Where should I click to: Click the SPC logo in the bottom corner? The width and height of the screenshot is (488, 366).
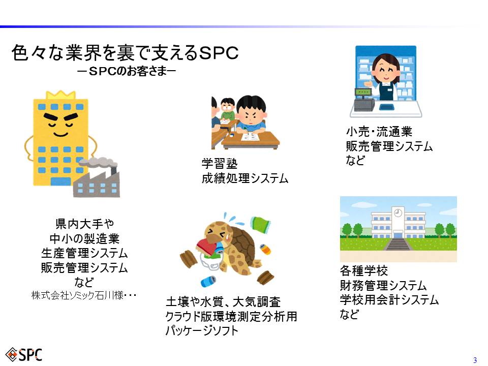[24, 355]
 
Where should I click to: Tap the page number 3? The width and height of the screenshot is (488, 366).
[475, 360]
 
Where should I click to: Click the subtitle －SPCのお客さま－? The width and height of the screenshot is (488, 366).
[127, 71]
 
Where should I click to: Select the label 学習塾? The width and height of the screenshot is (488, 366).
[220, 164]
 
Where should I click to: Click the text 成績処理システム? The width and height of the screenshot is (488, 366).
[245, 178]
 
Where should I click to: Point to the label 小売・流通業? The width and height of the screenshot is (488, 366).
[379, 132]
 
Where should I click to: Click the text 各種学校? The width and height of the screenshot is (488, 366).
[364, 271]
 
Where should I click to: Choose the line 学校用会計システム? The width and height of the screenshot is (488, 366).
[389, 300]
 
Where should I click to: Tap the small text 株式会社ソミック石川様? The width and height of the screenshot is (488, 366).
[77, 295]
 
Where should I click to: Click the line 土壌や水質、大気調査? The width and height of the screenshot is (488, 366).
[223, 302]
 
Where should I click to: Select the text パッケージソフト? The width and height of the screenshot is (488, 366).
[202, 330]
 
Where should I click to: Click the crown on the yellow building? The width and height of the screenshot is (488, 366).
[60, 95]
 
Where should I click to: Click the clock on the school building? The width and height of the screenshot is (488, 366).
[398, 213]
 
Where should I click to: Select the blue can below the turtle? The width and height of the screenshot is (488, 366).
[208, 281]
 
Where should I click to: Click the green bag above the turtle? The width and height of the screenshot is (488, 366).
[261, 224]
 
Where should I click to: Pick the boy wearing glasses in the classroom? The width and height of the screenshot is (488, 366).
[228, 110]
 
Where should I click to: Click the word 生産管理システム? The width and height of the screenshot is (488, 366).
[84, 253]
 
